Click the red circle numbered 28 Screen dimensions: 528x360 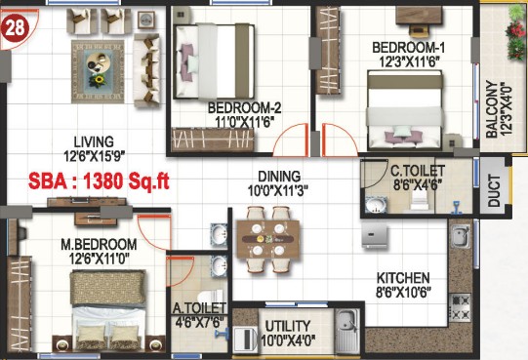pos(16,28)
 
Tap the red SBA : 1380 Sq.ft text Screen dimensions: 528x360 pos(99,181)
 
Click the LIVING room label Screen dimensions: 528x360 pos(94,142)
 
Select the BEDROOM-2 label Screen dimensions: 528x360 pos(244,108)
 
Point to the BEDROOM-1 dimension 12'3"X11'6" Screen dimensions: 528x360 pos(409,62)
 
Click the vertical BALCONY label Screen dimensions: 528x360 pos(492,109)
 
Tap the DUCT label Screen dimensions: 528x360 pos(494,190)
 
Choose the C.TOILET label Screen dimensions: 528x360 pos(418,171)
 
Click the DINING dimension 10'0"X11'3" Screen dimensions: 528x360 pos(278,191)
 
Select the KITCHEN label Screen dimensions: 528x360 pos(403,278)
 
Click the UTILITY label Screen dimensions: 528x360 pos(288,326)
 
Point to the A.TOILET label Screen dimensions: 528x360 pos(199,308)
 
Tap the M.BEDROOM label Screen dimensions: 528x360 pos(99,245)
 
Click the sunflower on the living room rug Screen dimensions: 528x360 pos(98,81)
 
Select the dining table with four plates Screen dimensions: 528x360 pos(268,239)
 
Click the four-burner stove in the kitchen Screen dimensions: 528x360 pos(460,307)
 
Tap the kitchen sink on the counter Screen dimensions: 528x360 pos(461,236)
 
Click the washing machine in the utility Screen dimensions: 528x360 pos(245,340)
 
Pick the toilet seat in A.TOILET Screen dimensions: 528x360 pos(210,297)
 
